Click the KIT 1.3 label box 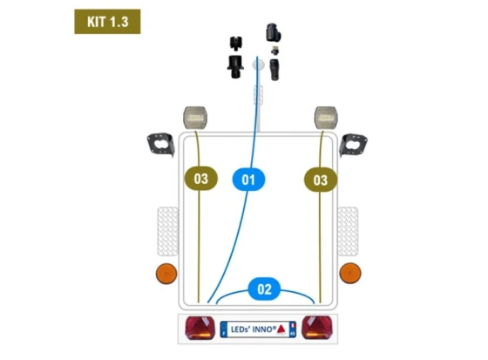107,22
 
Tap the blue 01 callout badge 248,180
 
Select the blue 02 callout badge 264,289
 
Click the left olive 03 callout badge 201,179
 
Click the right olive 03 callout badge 321,180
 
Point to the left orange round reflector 166,274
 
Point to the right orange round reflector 350,273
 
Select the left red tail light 200,328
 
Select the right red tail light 317,327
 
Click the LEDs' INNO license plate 258,329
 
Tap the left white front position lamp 195,118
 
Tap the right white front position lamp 326,118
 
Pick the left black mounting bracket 161,145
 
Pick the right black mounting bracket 353,145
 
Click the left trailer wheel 167,231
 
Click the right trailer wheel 348,231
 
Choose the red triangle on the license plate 281,329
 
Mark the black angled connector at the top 274,32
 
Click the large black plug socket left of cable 235,66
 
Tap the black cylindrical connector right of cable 274,70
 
